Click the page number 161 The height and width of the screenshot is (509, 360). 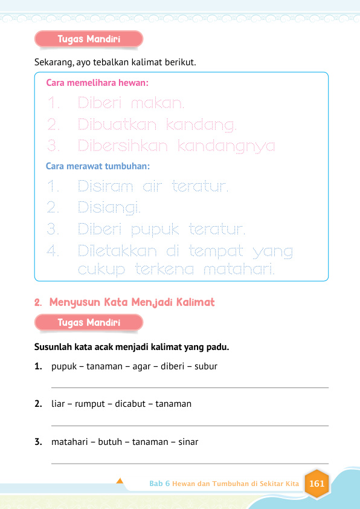click(317, 484)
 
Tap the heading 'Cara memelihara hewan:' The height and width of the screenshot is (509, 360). click(98, 82)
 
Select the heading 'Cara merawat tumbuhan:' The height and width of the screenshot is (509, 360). click(98, 165)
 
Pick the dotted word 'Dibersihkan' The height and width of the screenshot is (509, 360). click(123, 146)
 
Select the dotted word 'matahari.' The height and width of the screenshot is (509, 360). click(239, 270)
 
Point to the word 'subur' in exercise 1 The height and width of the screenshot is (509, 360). click(206, 366)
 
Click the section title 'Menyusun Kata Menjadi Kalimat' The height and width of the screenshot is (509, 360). click(132, 301)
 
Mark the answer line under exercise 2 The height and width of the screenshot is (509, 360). click(190, 426)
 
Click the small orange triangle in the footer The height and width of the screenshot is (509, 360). click(120, 481)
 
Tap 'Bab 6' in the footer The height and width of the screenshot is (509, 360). click(159, 484)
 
